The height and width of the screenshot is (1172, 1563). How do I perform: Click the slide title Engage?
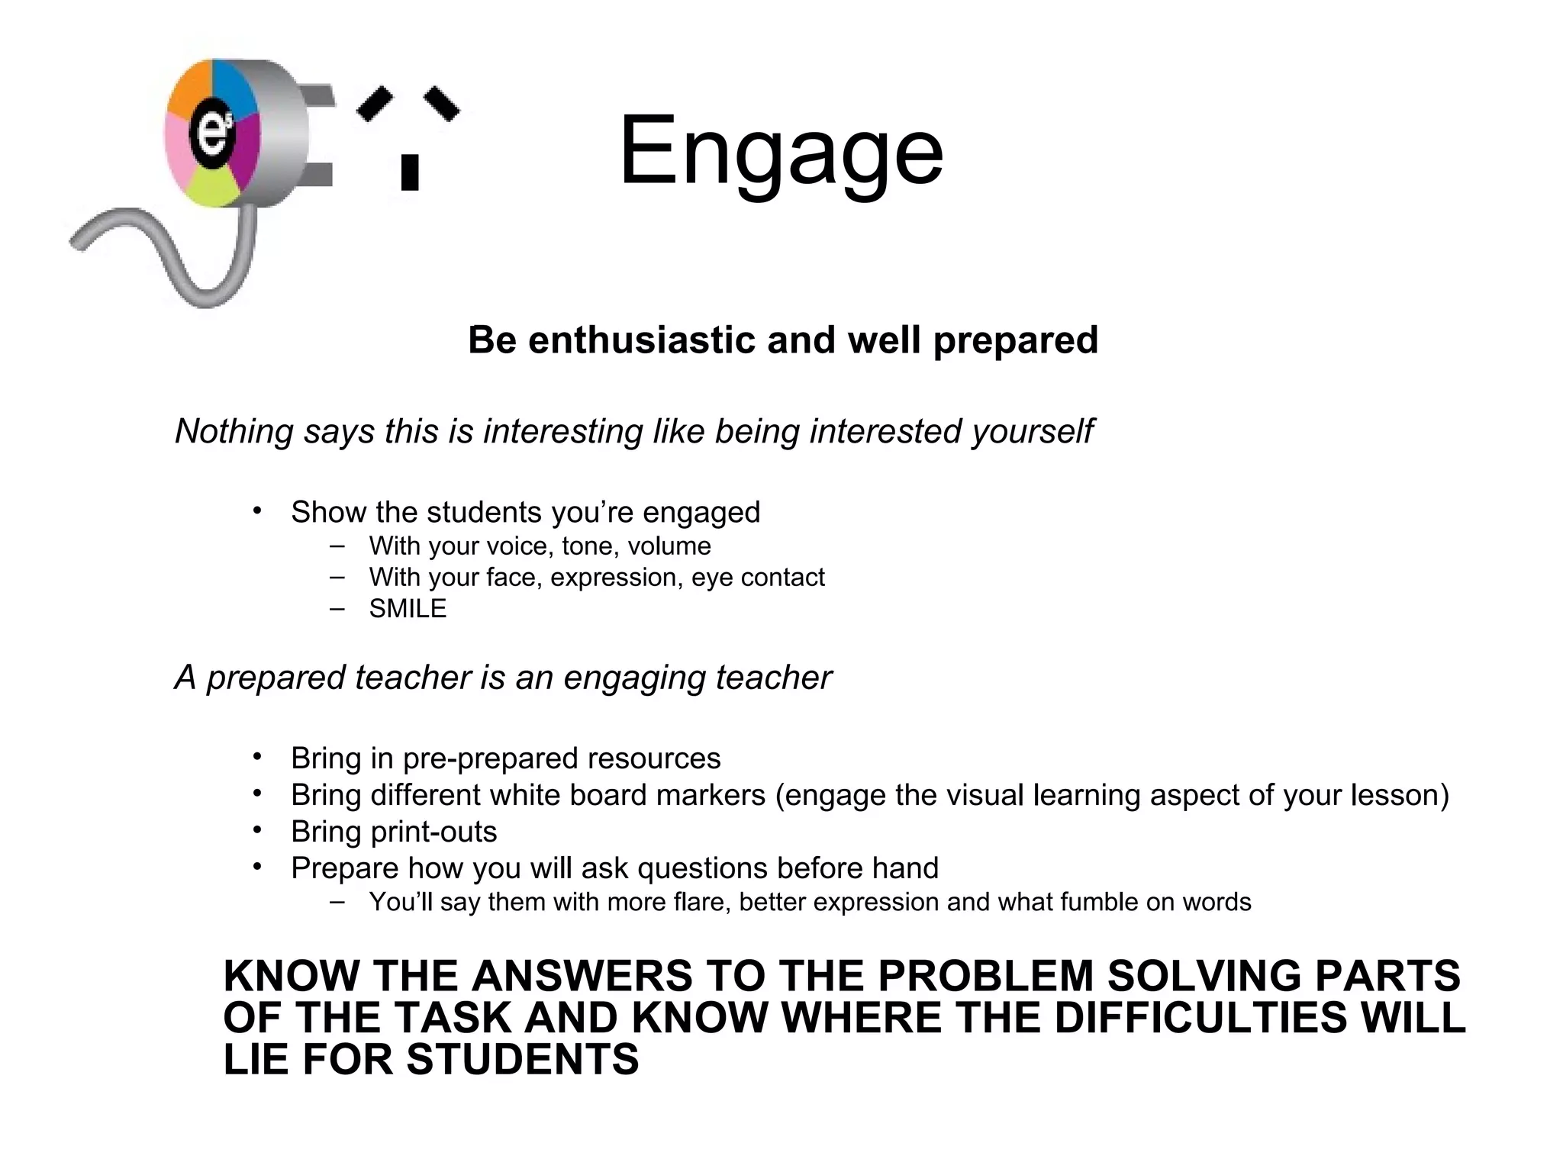pyautogui.click(x=781, y=151)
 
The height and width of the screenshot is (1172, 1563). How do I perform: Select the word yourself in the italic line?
pyautogui.click(x=1032, y=431)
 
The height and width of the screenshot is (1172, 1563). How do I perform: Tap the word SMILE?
pyautogui.click(x=408, y=608)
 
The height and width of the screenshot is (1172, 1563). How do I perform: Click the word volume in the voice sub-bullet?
pyautogui.click(x=669, y=546)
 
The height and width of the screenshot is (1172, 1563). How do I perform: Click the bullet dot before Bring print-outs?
pyautogui.click(x=258, y=829)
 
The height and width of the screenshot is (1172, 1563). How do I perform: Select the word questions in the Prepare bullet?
pyautogui.click(x=696, y=868)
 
